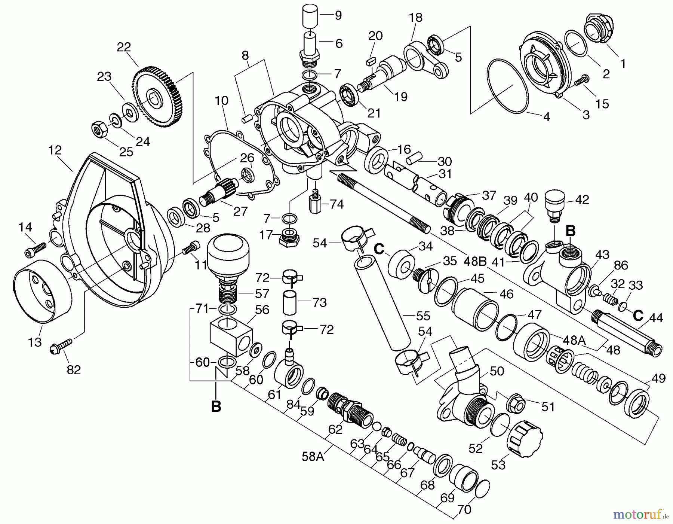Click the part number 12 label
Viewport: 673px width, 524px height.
point(55,150)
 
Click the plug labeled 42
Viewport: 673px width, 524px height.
point(555,204)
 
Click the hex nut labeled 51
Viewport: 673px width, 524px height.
point(516,403)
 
